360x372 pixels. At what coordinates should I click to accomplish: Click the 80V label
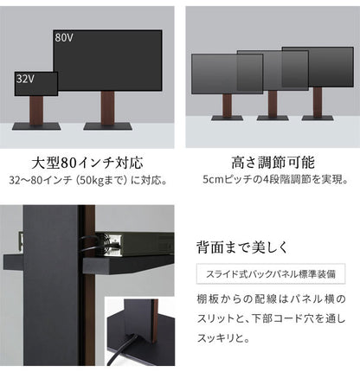(64, 38)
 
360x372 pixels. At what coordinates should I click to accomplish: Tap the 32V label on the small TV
(25, 78)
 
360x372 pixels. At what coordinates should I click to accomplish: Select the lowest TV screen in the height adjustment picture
(214, 73)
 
